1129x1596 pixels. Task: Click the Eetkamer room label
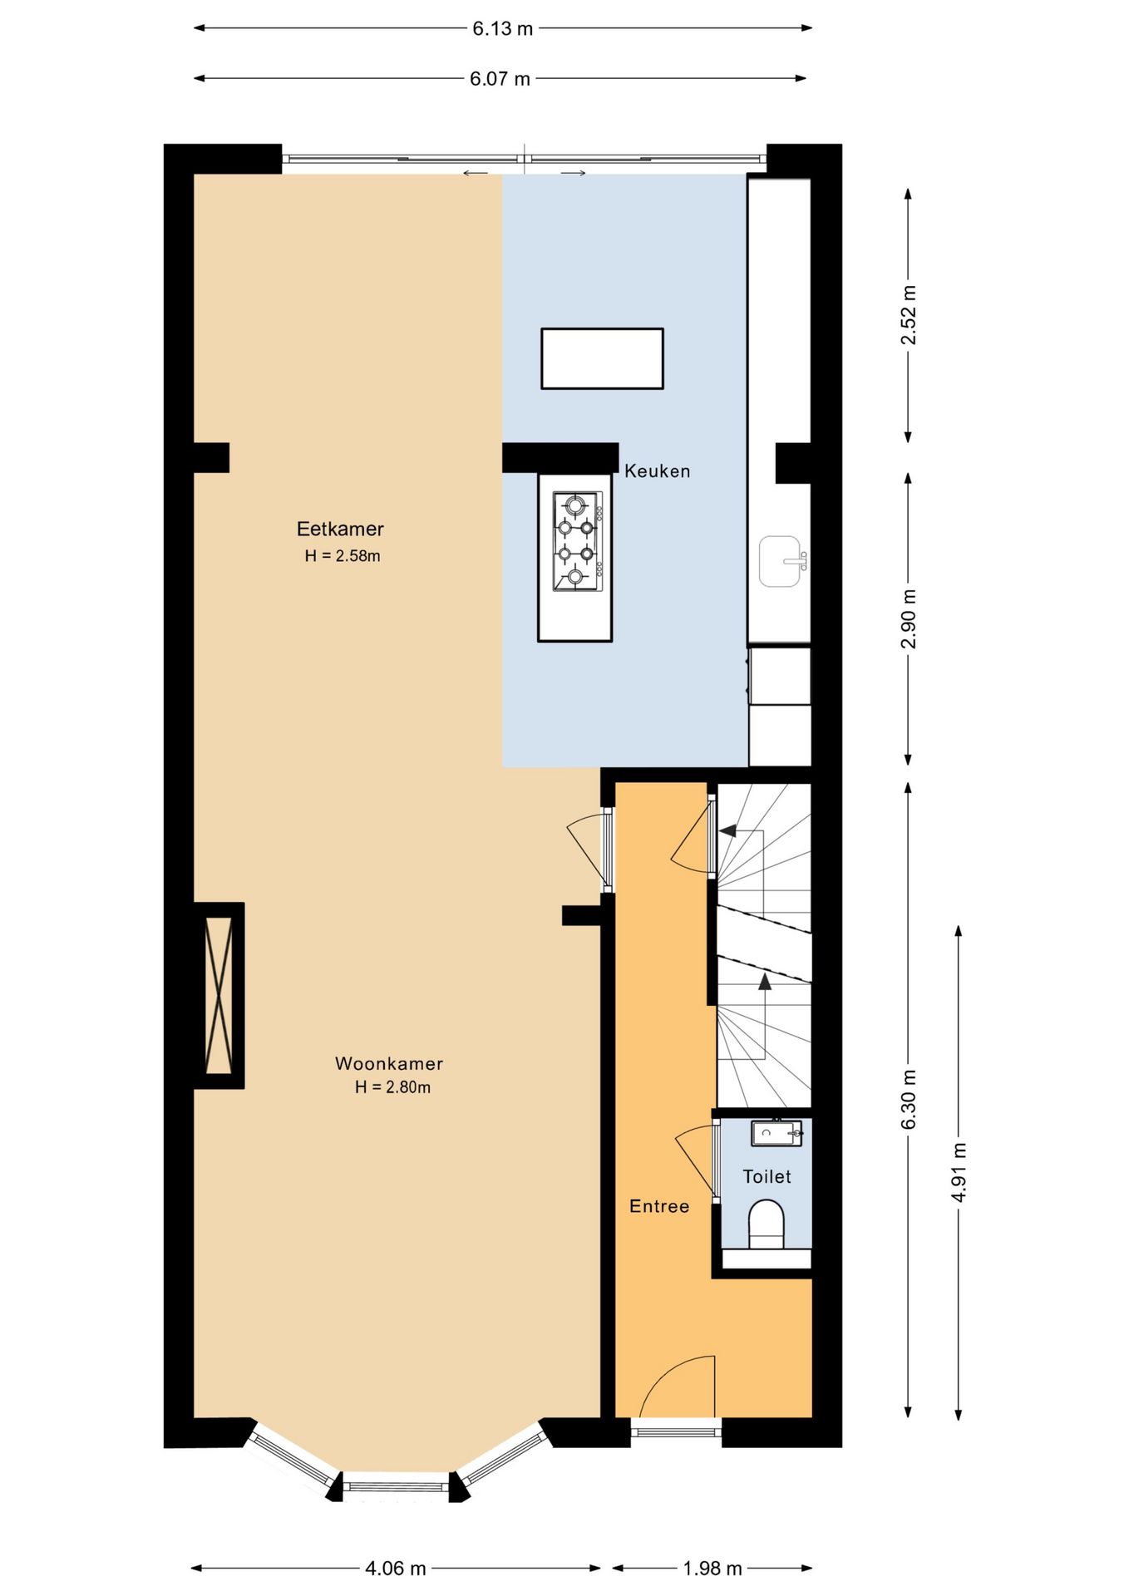point(340,529)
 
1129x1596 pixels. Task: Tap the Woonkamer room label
point(389,1063)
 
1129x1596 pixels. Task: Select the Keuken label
point(657,471)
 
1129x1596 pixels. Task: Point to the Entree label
point(659,1206)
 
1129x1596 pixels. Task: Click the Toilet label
point(767,1176)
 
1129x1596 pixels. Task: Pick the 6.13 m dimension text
point(503,28)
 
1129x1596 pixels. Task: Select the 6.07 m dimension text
point(500,79)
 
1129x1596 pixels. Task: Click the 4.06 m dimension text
point(396,1569)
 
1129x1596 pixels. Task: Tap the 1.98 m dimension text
point(712,1569)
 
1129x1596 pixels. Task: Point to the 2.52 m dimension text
point(909,315)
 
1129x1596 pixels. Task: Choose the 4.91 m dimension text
point(959,1172)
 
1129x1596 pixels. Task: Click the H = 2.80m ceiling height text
point(392,1087)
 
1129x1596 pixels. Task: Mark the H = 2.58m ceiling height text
point(343,556)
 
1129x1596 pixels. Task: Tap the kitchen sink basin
point(781,561)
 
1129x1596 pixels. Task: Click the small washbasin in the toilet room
point(776,1133)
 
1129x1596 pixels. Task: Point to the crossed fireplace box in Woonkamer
point(219,995)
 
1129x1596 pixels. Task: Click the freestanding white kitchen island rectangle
point(602,358)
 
